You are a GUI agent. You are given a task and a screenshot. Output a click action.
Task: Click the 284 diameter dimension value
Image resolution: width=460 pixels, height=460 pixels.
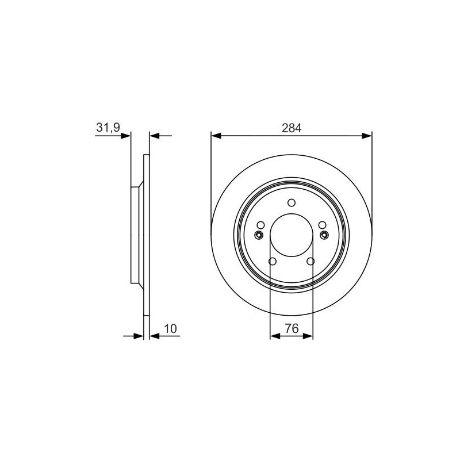coord(292,128)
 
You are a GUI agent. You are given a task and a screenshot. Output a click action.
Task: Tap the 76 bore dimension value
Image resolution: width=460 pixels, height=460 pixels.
coord(292,328)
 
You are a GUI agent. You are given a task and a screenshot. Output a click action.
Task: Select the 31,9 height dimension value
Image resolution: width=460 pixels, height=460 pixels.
coord(108,128)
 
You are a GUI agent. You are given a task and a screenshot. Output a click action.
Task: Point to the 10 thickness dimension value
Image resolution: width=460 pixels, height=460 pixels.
coord(170,328)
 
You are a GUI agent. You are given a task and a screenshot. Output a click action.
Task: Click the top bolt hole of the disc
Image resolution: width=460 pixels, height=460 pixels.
coord(292,202)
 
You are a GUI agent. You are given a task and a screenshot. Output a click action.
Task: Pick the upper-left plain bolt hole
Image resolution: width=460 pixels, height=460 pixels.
coord(260,225)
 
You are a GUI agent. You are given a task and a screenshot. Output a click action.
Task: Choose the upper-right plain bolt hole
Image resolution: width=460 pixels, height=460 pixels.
coord(323,225)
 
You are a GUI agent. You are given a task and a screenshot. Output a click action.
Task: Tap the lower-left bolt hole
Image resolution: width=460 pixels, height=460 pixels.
coord(273,261)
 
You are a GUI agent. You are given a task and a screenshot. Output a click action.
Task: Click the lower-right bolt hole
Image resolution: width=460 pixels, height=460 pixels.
coord(310,261)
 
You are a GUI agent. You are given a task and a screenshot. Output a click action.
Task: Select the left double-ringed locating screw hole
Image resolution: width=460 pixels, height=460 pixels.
coord(258,235)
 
